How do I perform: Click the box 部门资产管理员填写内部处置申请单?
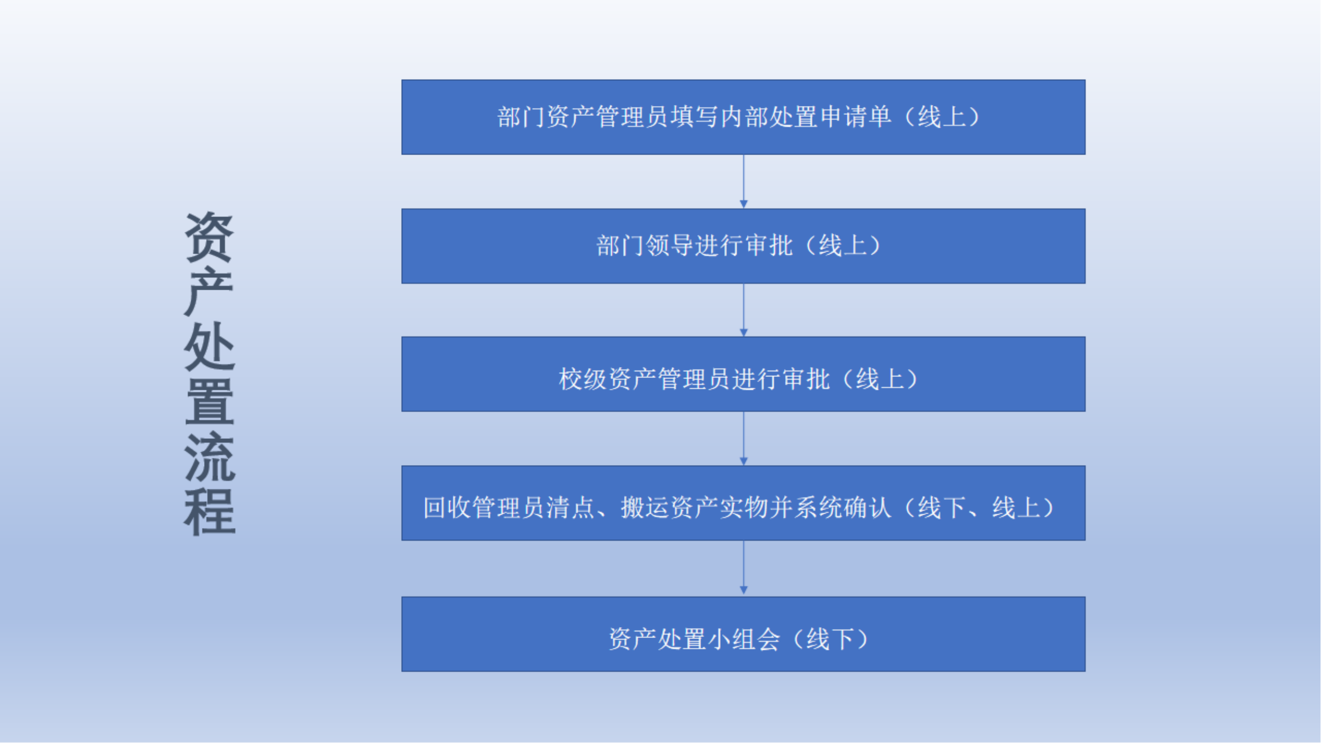click(x=743, y=117)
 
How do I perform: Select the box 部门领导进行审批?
click(x=743, y=246)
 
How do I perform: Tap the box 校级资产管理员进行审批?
click(x=743, y=374)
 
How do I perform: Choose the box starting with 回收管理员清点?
click(x=743, y=503)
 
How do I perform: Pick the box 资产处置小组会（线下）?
click(x=743, y=635)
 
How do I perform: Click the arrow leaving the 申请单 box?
click(x=743, y=181)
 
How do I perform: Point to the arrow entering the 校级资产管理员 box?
click(x=743, y=310)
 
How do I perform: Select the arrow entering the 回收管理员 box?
click(x=743, y=438)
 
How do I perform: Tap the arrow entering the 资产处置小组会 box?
click(x=743, y=569)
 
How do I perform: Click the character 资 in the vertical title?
click(x=209, y=237)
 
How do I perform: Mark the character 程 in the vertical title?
click(x=209, y=512)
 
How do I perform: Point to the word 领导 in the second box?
click(x=670, y=246)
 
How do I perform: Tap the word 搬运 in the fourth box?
click(x=645, y=508)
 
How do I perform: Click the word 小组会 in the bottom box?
click(x=744, y=639)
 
